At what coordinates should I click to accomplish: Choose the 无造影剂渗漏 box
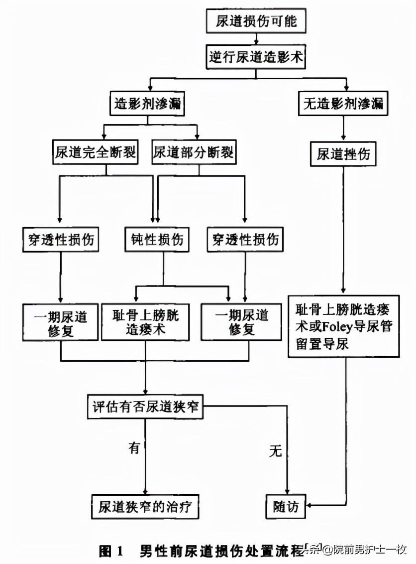(x=343, y=104)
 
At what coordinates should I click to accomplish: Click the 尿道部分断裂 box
(x=194, y=152)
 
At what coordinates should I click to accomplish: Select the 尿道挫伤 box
(x=343, y=154)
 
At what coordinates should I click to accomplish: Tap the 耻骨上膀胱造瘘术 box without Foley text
(x=145, y=323)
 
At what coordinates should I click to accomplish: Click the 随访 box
(x=286, y=507)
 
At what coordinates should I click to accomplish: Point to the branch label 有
(x=134, y=447)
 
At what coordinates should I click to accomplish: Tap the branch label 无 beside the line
(x=275, y=451)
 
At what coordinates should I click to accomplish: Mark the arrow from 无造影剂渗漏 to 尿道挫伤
(x=343, y=129)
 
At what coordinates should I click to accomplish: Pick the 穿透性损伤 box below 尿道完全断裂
(x=60, y=240)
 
